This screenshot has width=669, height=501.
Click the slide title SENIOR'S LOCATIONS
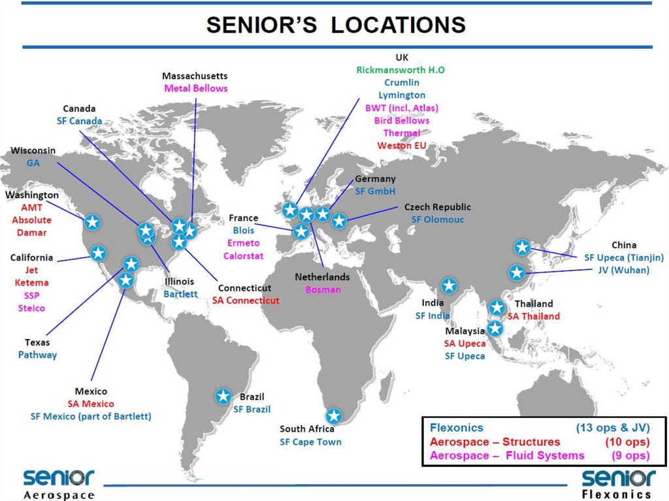pos(336,25)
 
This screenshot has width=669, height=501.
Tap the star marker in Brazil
pos(223,396)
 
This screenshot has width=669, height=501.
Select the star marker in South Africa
pos(334,415)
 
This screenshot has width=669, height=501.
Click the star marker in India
pos(449,285)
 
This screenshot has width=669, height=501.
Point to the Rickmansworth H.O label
pos(400,70)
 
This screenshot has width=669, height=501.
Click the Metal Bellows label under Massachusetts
pos(196,88)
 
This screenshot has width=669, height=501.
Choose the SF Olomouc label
pos(438,219)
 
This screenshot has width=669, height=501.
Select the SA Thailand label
pos(534,316)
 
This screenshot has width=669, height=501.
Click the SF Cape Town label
pos(310,442)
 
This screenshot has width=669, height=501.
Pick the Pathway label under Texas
pos(37,355)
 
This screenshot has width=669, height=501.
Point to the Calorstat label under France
pos(244,255)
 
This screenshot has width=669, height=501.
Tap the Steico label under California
pos(31,308)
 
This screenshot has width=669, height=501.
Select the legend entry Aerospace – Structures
pos(495,442)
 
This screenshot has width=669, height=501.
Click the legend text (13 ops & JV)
pos(612,428)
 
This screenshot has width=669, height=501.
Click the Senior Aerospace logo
pos(59,483)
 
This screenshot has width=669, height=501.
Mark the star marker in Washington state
pos(93,222)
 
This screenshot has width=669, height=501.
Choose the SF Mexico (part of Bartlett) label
pos(91,416)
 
